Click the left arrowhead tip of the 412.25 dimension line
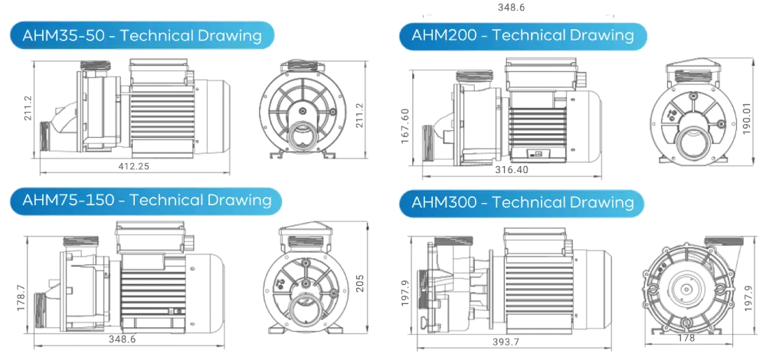pos(40,172)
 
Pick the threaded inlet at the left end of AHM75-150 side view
pos(42,310)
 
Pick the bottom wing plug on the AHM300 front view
pos(687,323)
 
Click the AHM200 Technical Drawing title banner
pos(522,36)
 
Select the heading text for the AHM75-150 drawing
pos(146,200)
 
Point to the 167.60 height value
pos(405,126)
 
